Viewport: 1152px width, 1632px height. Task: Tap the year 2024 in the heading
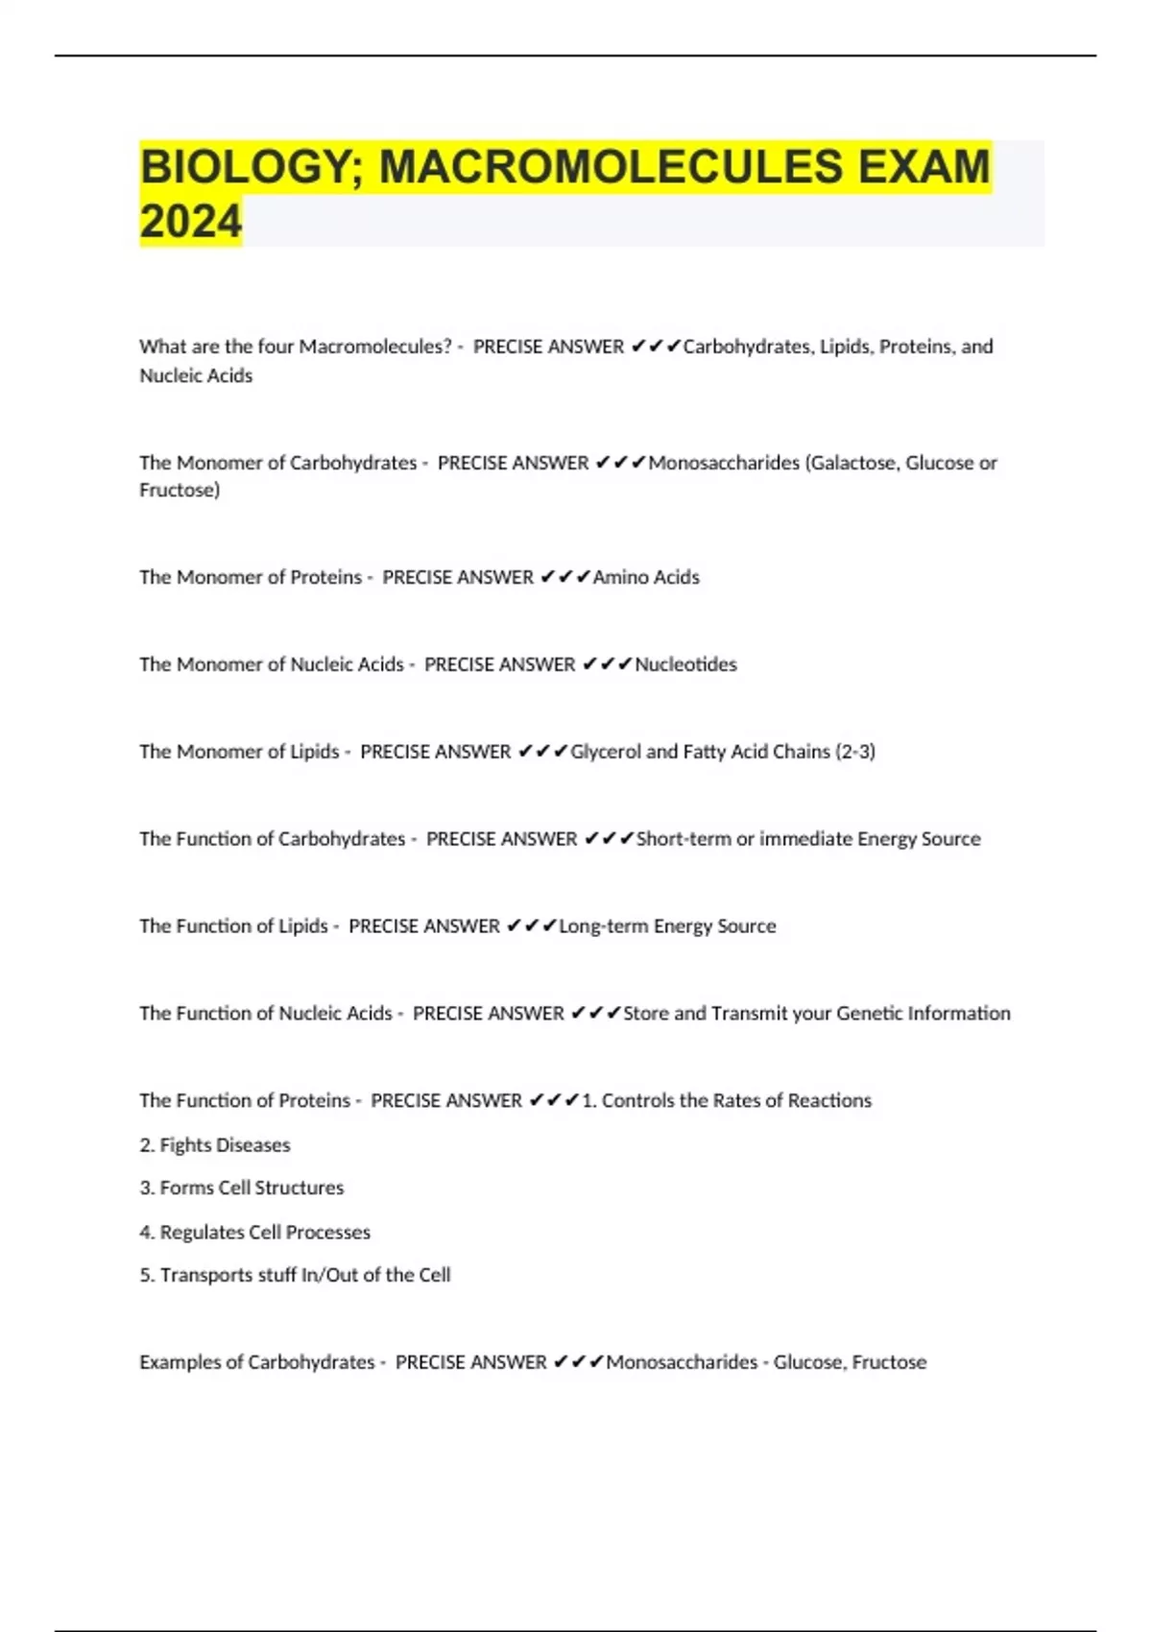click(x=190, y=222)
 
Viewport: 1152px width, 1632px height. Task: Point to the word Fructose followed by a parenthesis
click(x=180, y=491)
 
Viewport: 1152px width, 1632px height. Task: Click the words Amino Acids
click(x=646, y=577)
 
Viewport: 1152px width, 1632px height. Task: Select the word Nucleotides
click(x=685, y=664)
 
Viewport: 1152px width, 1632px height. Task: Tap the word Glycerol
click(x=605, y=752)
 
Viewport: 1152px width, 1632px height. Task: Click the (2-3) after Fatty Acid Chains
click(x=855, y=752)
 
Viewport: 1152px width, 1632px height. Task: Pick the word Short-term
click(x=684, y=839)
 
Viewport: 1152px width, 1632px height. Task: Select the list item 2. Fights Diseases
click(x=215, y=1145)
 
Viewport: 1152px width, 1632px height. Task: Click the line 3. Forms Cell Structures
click(x=242, y=1188)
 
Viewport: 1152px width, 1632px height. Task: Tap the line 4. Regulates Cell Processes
click(x=255, y=1233)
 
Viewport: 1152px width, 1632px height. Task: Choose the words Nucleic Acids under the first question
click(x=196, y=376)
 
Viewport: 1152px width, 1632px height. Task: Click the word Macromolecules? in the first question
click(x=375, y=347)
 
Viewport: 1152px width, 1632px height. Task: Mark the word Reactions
click(x=829, y=1101)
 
